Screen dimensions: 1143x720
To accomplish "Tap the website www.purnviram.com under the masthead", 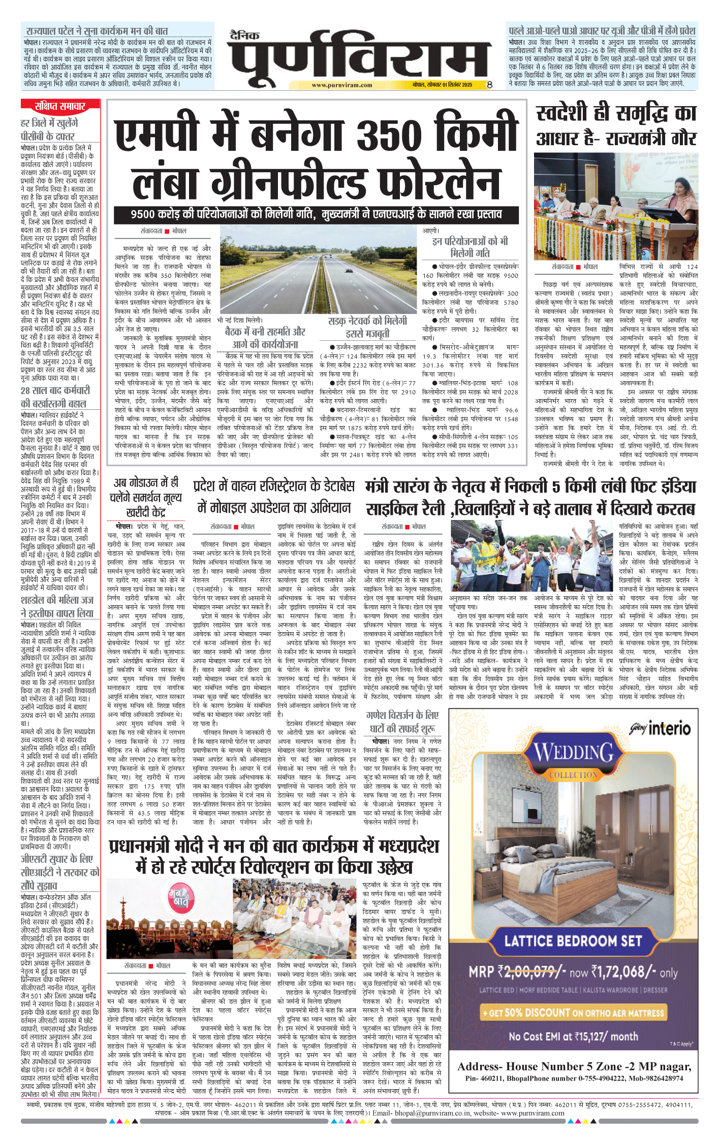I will (x=341, y=85).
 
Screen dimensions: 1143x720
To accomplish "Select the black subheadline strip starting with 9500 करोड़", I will (x=316, y=214).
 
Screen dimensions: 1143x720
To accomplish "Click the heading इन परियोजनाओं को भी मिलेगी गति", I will (x=470, y=247).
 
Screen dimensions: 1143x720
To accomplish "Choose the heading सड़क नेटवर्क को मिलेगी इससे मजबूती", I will (x=367, y=327).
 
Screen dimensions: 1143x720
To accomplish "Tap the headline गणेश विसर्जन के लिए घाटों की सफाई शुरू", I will (x=402, y=722).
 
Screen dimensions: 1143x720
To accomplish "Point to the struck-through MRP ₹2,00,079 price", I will (x=529, y=972).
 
